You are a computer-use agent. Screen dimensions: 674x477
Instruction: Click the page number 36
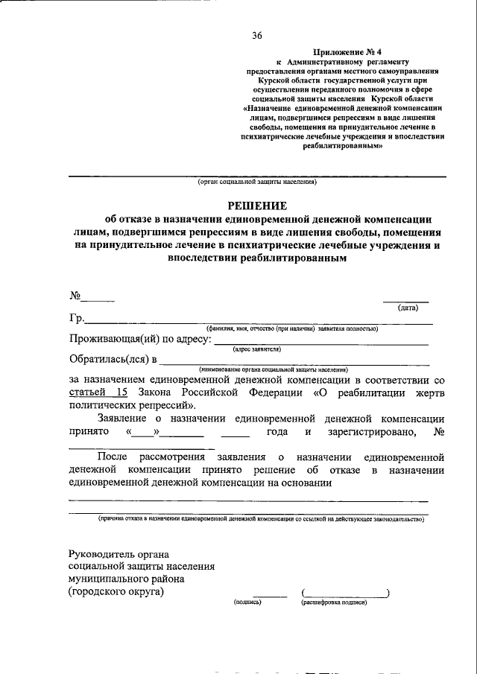257,35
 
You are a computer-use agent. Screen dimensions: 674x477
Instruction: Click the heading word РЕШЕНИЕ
257,206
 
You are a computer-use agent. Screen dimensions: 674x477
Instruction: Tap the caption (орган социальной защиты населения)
257,182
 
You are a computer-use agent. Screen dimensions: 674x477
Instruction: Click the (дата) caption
408,307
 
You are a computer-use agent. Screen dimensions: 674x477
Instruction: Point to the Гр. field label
76,319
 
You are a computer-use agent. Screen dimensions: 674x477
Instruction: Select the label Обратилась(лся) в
113,360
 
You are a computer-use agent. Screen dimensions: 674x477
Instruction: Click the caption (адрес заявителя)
256,349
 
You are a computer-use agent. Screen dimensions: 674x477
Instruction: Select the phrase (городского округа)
116,592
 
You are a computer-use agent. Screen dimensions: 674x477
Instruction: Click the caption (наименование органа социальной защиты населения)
274,369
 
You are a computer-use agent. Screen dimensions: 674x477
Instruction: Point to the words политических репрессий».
132,406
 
